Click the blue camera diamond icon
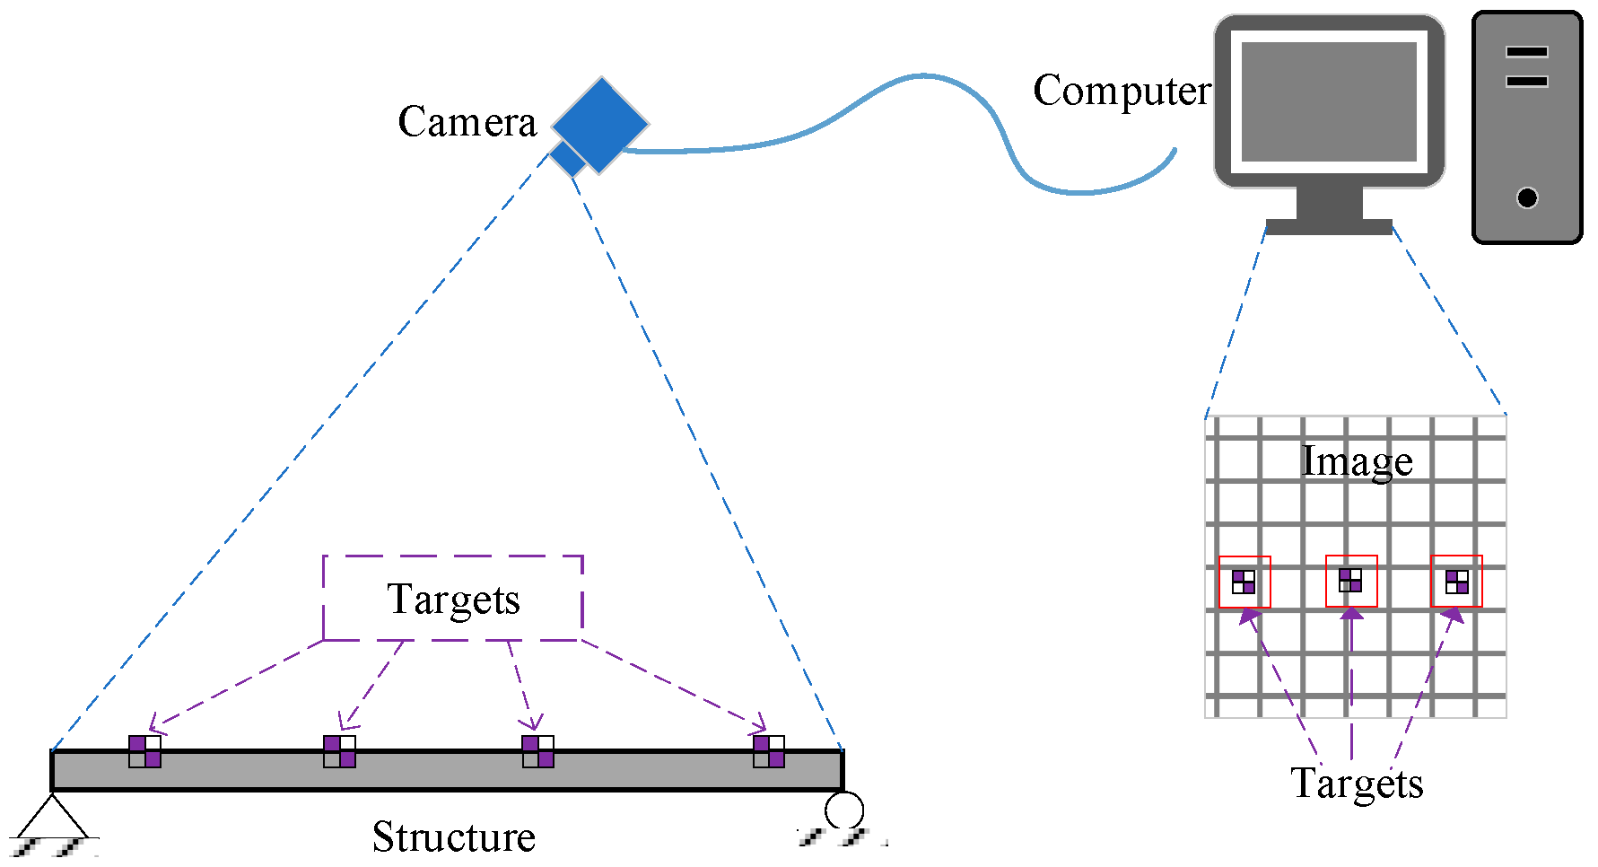coord(599,125)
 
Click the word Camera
coord(467,122)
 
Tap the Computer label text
coord(1121,92)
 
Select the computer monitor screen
coord(1329,101)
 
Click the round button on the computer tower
coord(1526,197)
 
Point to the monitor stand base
coord(1328,226)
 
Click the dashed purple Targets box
coord(453,599)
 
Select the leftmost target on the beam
coord(144,751)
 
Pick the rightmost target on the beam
coord(769,751)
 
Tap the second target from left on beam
coord(339,751)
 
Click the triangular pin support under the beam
coord(52,817)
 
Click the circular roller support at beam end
coord(843,810)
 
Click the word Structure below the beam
coord(453,836)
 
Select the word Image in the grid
coord(1357,462)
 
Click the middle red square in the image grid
coord(1351,581)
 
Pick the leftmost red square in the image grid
coord(1244,582)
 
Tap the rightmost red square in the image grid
coord(1456,581)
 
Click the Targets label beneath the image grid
coord(1357,784)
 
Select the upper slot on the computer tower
coord(1526,52)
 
